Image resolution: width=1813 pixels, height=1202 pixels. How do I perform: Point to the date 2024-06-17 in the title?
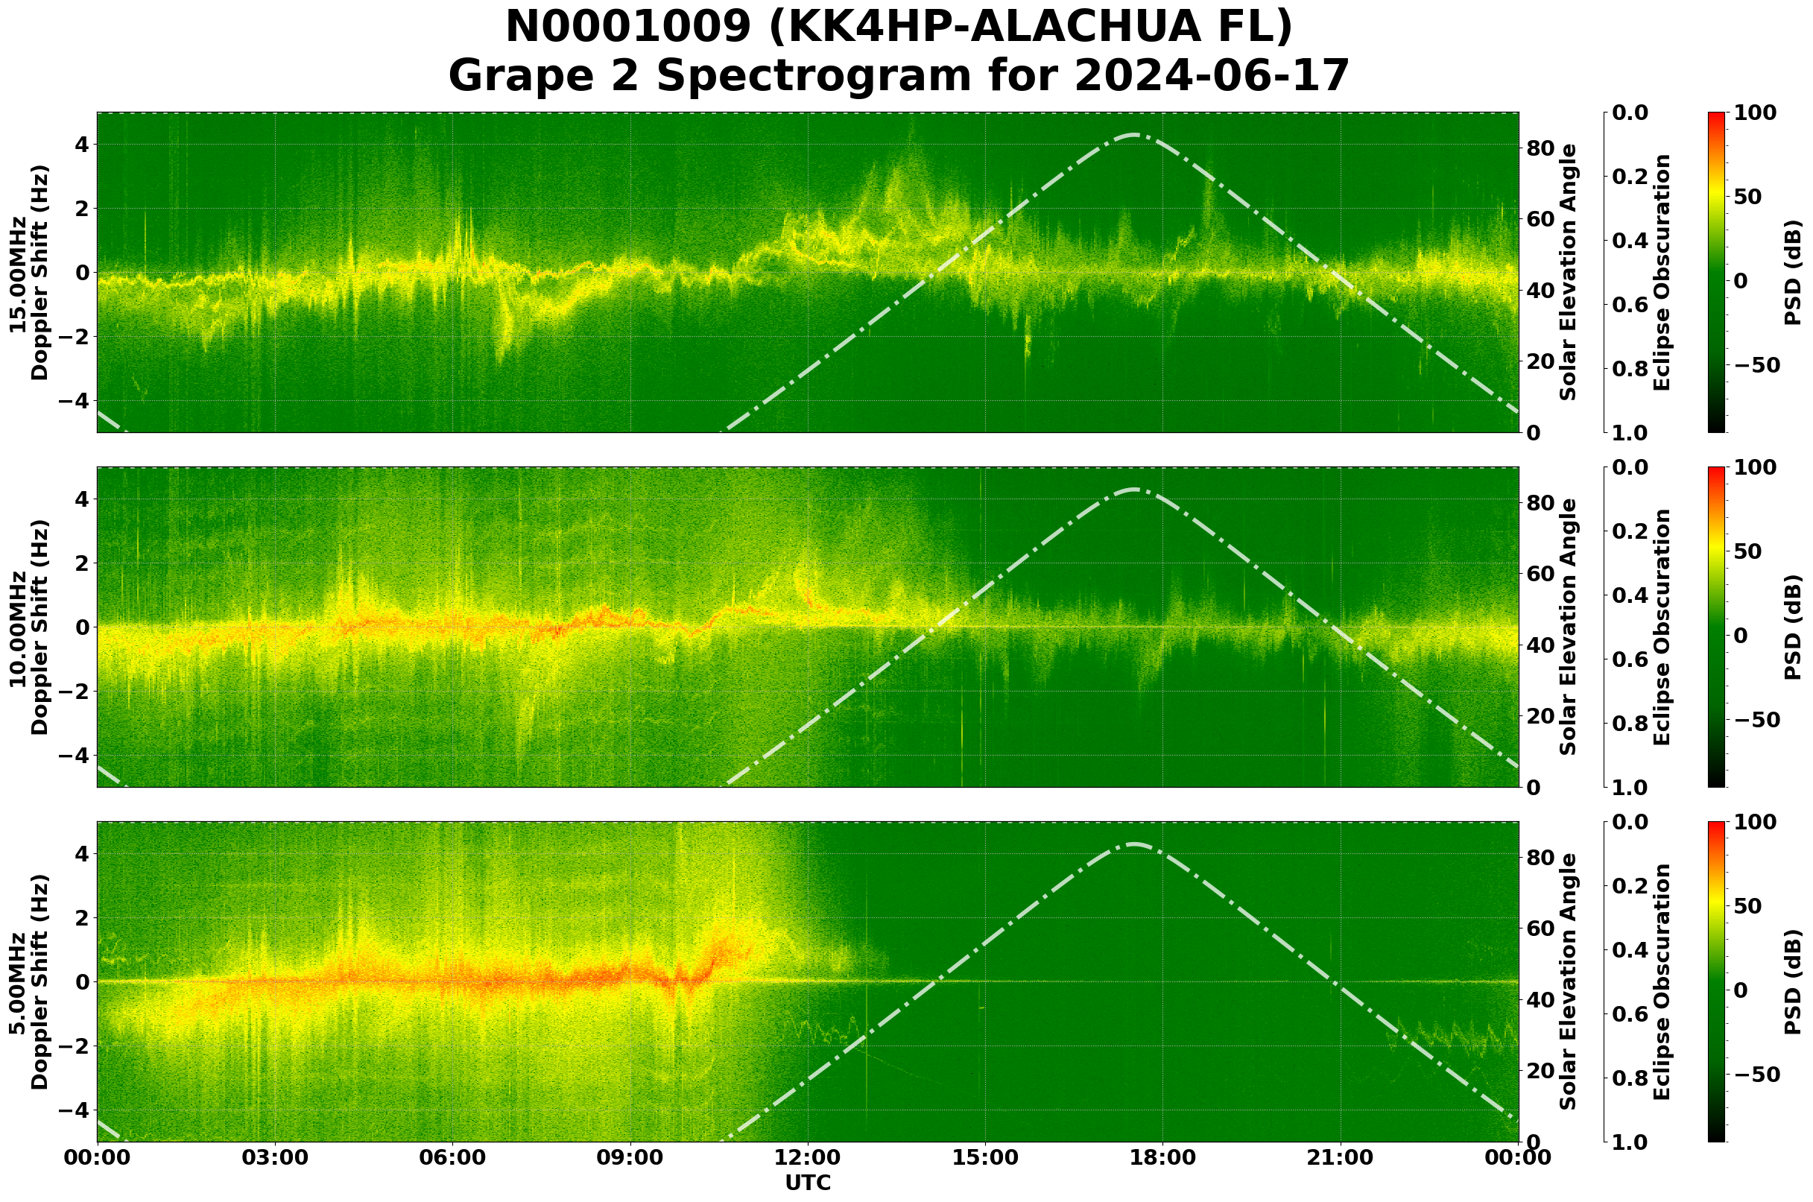pyautogui.click(x=1211, y=76)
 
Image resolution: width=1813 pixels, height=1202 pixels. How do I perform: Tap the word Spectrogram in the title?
pyautogui.click(x=858, y=76)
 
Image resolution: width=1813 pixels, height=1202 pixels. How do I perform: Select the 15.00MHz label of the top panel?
pyautogui.click(x=17, y=273)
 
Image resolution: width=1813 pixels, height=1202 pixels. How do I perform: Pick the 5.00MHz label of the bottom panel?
pyautogui.click(x=17, y=982)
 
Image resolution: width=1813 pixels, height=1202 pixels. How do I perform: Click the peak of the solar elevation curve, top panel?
pyautogui.click(x=1135, y=135)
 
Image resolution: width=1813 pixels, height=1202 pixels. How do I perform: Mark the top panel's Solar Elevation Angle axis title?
pyautogui.click(x=1569, y=272)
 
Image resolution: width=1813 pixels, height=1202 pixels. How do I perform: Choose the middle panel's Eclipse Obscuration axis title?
pyautogui.click(x=1661, y=627)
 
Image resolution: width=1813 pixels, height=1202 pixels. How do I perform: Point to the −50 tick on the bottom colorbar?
pyautogui.click(x=1756, y=1075)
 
